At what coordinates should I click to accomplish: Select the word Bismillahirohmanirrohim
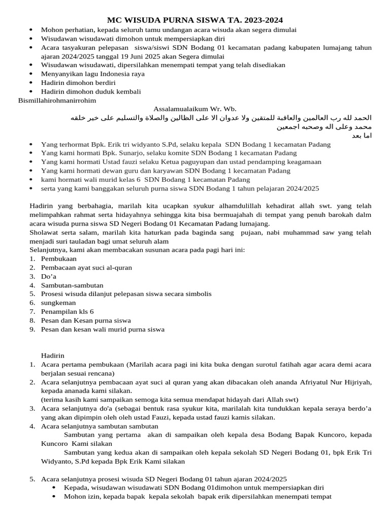coord(57,100)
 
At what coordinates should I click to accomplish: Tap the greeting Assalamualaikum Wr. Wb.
coord(194,109)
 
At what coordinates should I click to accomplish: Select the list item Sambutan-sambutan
coord(72,285)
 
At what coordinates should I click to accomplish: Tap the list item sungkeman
coord(59,303)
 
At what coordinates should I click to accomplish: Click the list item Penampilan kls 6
coord(67,311)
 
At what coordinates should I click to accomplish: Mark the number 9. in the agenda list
coord(32,329)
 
